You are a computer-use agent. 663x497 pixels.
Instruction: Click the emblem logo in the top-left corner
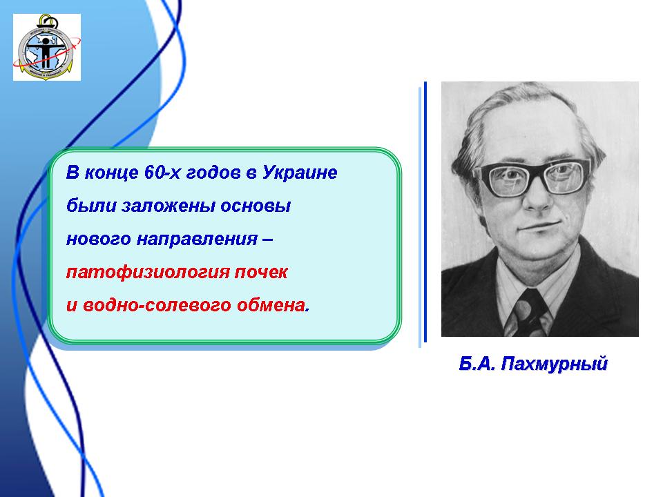[x=47, y=47]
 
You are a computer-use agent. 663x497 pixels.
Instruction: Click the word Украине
[x=300, y=173]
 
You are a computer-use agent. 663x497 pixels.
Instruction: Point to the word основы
[x=256, y=206]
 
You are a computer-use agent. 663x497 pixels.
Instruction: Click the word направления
[x=197, y=240]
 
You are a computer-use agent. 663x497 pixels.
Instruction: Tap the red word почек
[x=261, y=273]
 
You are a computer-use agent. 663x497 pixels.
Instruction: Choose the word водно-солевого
[x=157, y=306]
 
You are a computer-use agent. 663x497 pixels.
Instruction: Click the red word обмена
[x=271, y=306]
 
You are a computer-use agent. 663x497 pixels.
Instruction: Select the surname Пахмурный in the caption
[x=555, y=364]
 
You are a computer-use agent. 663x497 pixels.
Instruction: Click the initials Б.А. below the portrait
[x=477, y=364]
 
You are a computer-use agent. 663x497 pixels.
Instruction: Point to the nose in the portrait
[x=537, y=195]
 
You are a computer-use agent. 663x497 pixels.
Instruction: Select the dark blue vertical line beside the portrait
[x=425, y=211]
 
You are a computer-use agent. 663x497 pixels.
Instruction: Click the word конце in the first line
[x=112, y=173]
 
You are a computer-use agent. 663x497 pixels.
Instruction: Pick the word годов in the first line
[x=213, y=173]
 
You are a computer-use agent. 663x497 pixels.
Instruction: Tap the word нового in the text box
[x=98, y=240]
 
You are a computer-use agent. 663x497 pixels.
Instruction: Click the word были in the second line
[x=91, y=206]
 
